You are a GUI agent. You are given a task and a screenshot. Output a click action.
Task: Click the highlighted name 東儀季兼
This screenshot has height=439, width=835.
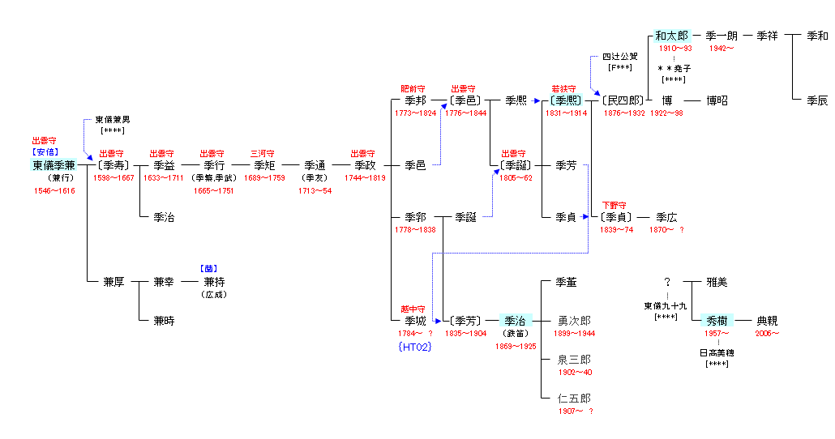pos(54,165)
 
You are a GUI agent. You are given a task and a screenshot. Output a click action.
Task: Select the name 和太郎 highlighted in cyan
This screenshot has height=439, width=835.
pos(671,36)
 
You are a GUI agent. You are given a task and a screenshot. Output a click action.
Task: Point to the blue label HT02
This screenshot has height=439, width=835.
pos(414,347)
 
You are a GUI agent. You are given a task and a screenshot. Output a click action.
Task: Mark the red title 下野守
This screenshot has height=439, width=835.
pos(614,205)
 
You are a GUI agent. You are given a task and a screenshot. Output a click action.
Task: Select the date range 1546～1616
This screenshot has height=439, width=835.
pos(54,190)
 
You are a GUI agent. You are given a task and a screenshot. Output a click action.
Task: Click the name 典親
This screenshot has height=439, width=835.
pos(767,321)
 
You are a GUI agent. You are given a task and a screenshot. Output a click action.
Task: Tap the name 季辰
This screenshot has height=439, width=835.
pos(817,100)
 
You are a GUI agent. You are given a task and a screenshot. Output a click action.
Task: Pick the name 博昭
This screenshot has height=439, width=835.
pos(717,100)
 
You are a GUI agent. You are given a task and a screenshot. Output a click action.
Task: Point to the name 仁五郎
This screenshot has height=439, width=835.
pos(574,399)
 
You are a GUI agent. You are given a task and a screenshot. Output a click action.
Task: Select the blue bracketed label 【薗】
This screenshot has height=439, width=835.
pos(208,269)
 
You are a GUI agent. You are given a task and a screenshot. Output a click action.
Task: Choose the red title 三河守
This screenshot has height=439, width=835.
pos(262,153)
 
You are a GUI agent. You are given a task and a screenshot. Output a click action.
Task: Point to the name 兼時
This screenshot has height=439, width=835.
pos(164,321)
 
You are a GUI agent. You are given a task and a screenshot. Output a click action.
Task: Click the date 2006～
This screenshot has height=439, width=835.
pos(768,333)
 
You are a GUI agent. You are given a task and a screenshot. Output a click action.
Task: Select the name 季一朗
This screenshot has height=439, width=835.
pos(722,36)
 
